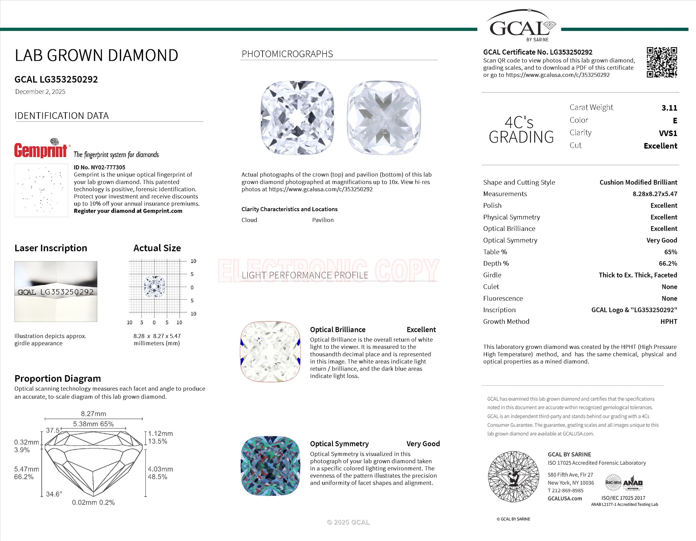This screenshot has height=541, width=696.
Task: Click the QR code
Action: pyautogui.click(x=662, y=62)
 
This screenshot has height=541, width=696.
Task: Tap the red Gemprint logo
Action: pyautogui.click(x=41, y=150)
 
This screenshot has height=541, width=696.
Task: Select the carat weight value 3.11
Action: pyautogui.click(x=669, y=108)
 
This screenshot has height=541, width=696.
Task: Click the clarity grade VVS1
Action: pyautogui.click(x=668, y=133)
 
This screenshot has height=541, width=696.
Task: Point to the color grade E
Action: pyautogui.click(x=675, y=121)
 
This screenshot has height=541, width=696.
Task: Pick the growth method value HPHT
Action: pyautogui.click(x=668, y=321)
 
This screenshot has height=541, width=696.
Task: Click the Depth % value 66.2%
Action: pyautogui.click(x=668, y=264)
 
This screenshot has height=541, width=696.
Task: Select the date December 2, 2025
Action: pyautogui.click(x=40, y=92)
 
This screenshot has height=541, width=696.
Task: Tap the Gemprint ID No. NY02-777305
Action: pyautogui.click(x=99, y=167)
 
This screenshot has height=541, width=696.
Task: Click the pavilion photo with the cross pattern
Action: pyautogui.click(x=384, y=118)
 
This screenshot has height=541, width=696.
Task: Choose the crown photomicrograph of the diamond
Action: pyautogui.click(x=297, y=118)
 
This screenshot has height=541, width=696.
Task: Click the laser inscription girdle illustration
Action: pyautogui.click(x=56, y=291)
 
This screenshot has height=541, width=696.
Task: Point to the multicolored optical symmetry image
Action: pyautogui.click(x=270, y=466)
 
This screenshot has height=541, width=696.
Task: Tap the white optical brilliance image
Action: pyautogui.click(x=270, y=351)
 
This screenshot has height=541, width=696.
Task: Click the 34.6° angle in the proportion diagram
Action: pyautogui.click(x=54, y=494)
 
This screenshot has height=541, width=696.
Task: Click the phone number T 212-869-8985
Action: pyautogui.click(x=565, y=491)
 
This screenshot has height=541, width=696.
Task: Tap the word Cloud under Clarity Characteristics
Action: pyautogui.click(x=249, y=220)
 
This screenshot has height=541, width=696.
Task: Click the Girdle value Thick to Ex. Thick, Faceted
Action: pyautogui.click(x=638, y=275)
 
